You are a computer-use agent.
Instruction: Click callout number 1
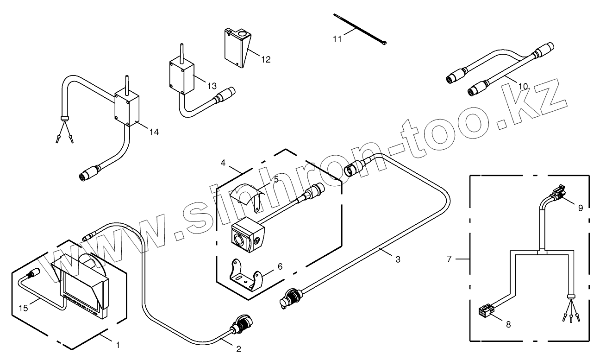(x=118, y=345)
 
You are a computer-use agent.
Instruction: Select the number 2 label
(x=239, y=349)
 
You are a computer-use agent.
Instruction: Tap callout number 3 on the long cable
(x=398, y=260)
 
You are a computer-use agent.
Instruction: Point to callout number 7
(x=449, y=259)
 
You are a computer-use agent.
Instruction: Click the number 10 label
(x=523, y=86)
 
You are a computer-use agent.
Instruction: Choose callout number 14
(x=154, y=132)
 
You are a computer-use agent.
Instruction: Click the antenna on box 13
(x=181, y=51)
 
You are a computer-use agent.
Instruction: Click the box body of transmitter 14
(x=127, y=109)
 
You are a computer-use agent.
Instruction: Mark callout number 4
(x=223, y=163)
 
